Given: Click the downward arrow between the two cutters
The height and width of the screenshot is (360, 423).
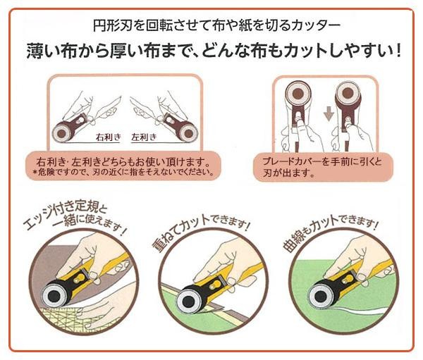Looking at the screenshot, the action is pos(329,113).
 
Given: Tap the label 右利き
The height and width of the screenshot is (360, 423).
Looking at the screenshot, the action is pos(108,137).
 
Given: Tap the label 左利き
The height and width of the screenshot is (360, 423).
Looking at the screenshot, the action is pos(144,137).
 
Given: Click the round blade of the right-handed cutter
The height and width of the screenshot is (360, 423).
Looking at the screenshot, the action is pos(62,133).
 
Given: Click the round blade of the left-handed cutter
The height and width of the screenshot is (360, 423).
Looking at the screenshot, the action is pos(188,132).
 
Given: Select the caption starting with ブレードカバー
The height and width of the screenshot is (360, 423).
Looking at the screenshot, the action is pos(322,167).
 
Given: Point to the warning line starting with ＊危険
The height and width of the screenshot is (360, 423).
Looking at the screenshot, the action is pos(123,172).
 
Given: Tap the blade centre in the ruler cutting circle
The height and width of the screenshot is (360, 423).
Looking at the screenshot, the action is pos(54,296).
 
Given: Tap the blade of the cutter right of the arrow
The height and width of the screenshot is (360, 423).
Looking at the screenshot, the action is pos(348,94).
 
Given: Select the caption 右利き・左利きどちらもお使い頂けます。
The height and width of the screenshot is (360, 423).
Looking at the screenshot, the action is pos(123,162).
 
